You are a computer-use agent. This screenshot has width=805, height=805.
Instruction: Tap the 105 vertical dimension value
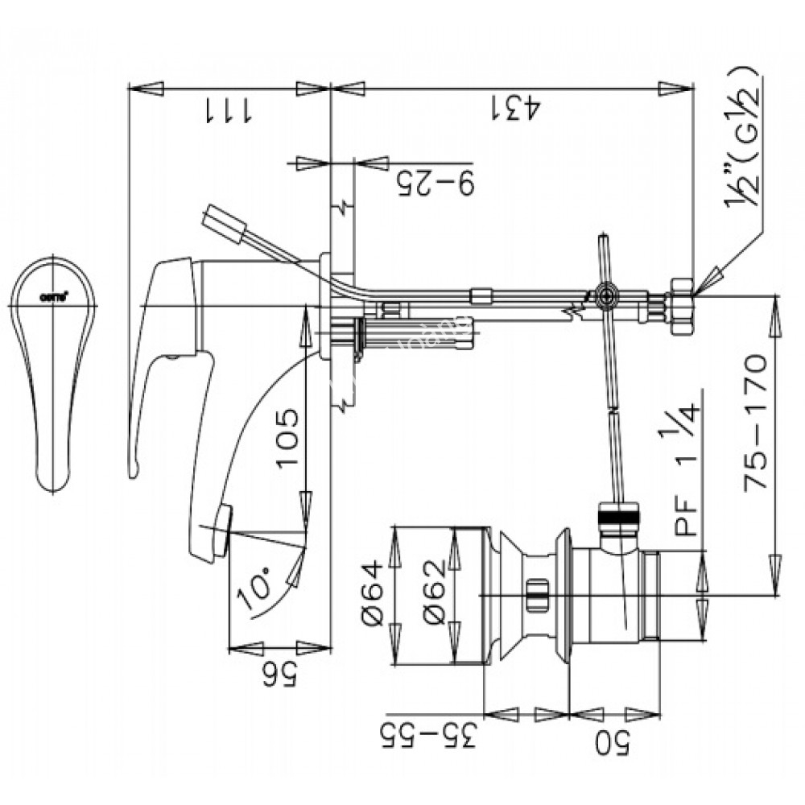point(287,440)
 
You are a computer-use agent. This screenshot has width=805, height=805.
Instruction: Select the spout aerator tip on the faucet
point(222,523)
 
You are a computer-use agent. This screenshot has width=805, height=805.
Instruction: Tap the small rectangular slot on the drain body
point(535,597)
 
